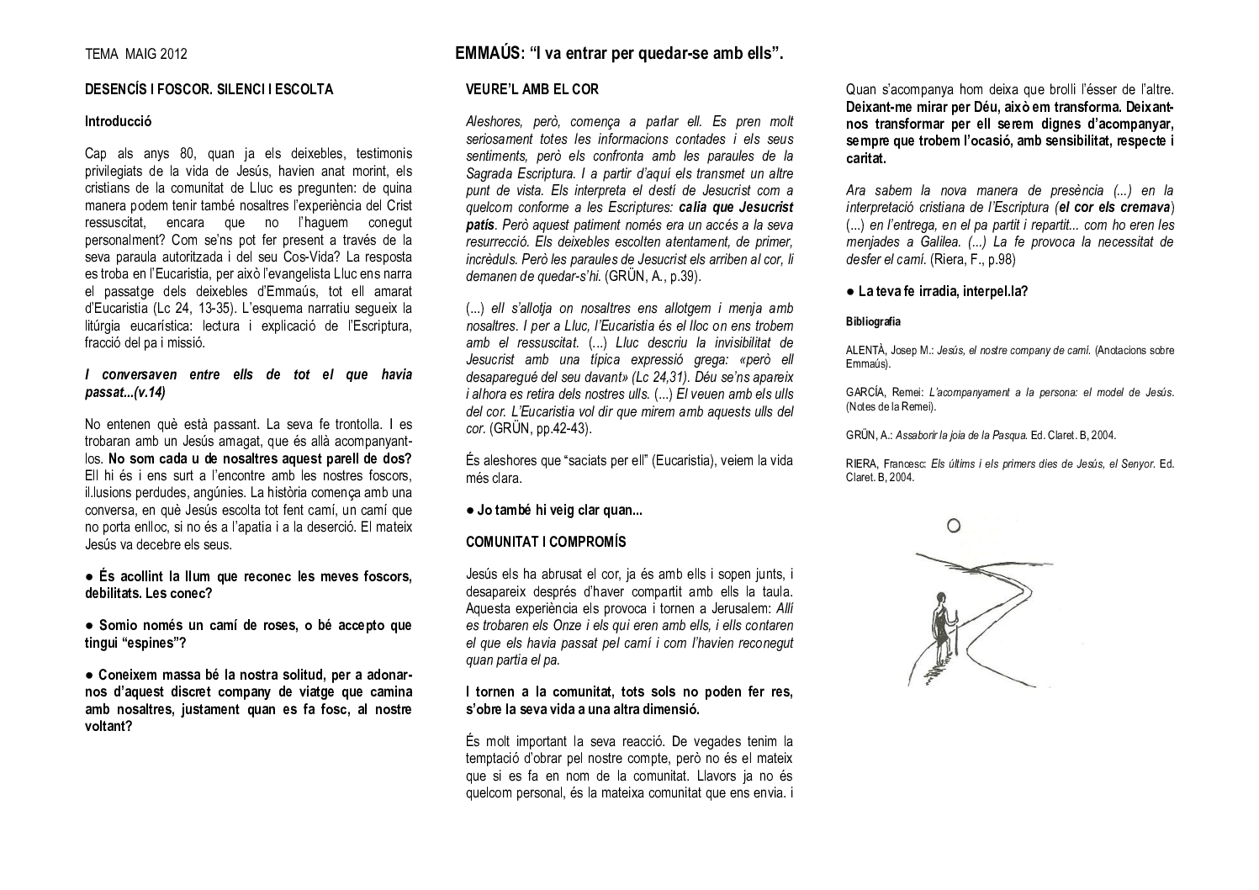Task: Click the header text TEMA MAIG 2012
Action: coord(136,55)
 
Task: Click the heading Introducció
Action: coord(118,121)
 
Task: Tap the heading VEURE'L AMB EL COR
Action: coord(532,89)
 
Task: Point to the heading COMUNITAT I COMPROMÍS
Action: coord(546,542)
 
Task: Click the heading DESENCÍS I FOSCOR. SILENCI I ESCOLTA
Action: coord(209,89)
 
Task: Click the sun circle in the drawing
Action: coord(953,526)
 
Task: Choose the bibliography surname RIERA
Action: coord(863,464)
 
